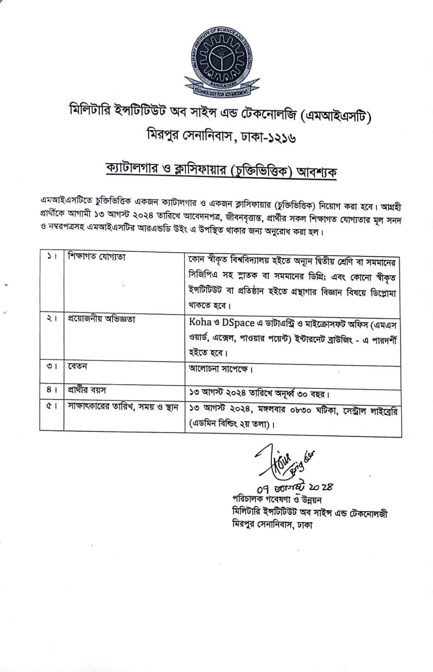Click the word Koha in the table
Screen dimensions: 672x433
[x=200, y=322]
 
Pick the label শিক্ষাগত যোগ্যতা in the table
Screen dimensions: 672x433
[x=97, y=257]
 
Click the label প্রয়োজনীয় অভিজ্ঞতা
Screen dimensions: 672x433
[x=102, y=319]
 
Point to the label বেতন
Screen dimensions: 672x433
[x=77, y=366]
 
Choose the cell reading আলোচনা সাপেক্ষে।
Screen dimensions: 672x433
[x=220, y=369]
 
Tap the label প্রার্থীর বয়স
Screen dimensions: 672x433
[x=87, y=390]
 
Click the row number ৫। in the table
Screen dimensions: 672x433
[x=52, y=407]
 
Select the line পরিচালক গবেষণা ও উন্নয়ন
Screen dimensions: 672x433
[x=277, y=499]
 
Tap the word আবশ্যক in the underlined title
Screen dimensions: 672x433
[x=317, y=171]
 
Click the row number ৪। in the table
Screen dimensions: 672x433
[x=52, y=390]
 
